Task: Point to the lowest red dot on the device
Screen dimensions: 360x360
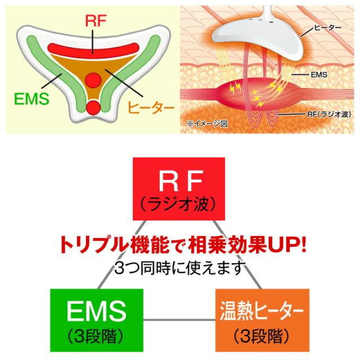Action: pyautogui.click(x=93, y=106)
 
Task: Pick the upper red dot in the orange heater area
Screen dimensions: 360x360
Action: pyautogui.click(x=93, y=80)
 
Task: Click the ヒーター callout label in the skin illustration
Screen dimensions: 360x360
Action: pyautogui.click(x=326, y=28)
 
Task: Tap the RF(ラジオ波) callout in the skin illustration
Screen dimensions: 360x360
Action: pyautogui.click(x=327, y=114)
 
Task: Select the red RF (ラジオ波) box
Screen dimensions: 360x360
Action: pyautogui.click(x=178, y=188)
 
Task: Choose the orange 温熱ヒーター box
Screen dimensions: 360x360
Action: pyautogui.click(x=263, y=317)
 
